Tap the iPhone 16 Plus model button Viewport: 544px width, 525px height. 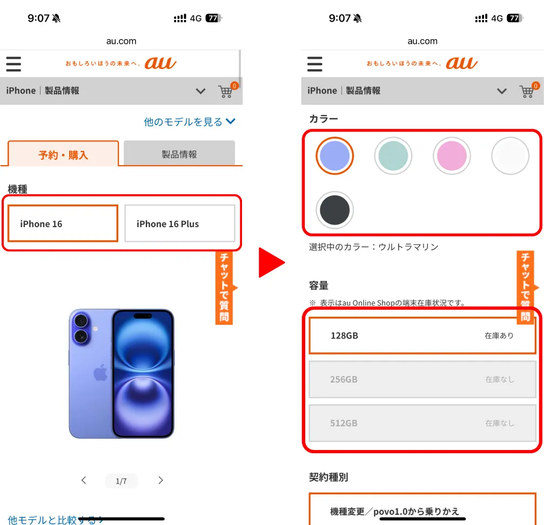tap(180, 223)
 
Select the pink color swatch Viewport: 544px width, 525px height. tap(452, 155)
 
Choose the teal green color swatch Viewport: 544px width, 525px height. tap(393, 155)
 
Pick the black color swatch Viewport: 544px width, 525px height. tap(334, 210)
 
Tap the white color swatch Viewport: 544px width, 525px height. tap(510, 155)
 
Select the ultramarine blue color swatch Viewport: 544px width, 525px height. tap(334, 155)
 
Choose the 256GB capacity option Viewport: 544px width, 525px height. tap(422, 379)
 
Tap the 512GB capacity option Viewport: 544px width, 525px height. tap(422, 423)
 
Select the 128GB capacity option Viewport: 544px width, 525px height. tap(422, 336)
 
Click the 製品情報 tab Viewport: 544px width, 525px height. tap(179, 154)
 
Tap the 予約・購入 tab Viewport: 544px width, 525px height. tap(63, 154)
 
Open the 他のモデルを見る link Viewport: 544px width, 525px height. tap(190, 122)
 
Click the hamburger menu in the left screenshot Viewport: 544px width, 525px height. tap(14, 64)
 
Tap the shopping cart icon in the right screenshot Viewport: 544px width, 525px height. tap(527, 92)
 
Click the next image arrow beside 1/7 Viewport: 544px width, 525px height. tap(160, 480)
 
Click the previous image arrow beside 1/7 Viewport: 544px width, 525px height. tap(84, 480)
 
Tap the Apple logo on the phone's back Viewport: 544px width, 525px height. tap(100, 373)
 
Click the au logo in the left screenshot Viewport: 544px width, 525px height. tap(160, 63)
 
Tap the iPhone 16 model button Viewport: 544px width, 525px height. tap(63, 223)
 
